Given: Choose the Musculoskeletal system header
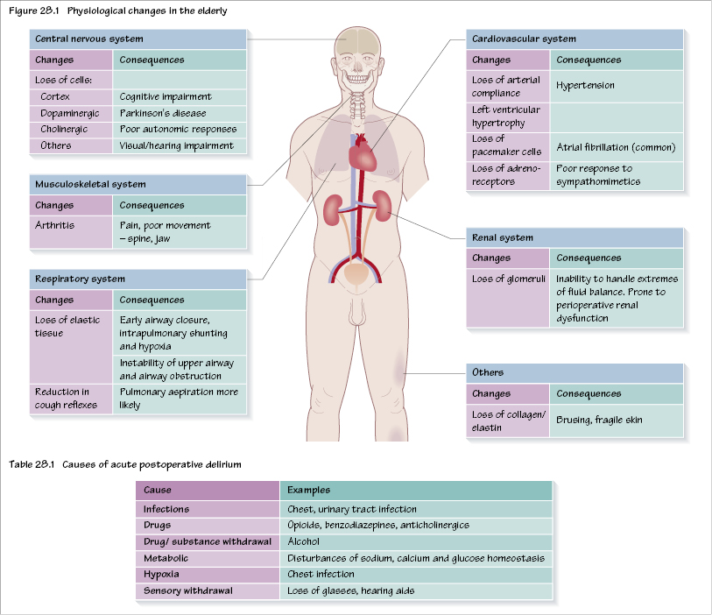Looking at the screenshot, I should click(x=90, y=185).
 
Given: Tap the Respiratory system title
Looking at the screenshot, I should click(x=80, y=279).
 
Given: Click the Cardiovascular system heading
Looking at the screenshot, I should click(x=524, y=39).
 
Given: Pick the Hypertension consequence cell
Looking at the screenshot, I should click(x=586, y=86).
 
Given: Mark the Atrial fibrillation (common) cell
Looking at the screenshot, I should click(x=616, y=147).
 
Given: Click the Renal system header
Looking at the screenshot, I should click(x=503, y=237).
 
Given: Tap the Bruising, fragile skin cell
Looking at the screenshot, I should click(x=599, y=420).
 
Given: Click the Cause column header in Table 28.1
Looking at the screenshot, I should click(x=158, y=491).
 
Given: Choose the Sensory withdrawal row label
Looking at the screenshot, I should click(x=187, y=591).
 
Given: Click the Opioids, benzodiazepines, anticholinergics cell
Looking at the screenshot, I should click(x=378, y=525).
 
